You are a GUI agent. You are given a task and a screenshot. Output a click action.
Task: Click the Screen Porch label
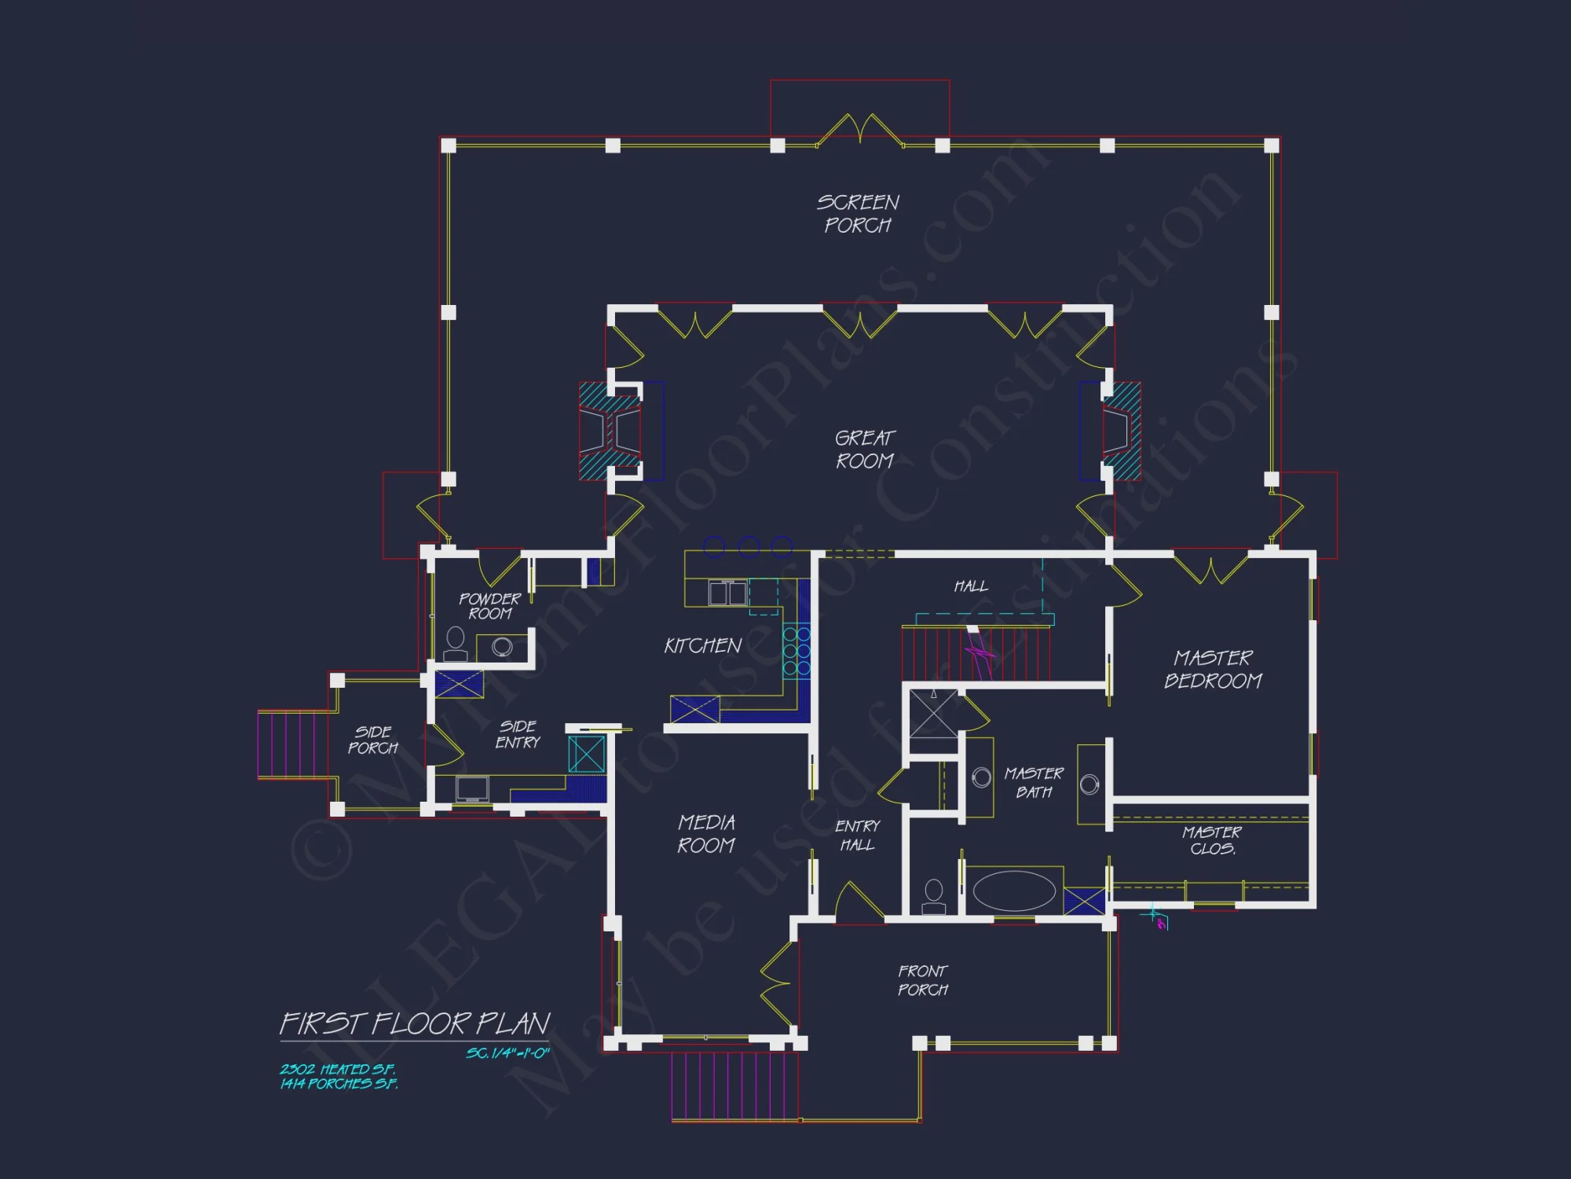click(x=858, y=214)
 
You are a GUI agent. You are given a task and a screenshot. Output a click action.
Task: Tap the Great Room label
click(x=865, y=450)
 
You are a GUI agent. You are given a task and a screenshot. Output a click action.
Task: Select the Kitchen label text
click(x=703, y=646)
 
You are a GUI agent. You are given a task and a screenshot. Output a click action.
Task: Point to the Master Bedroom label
click(x=1213, y=669)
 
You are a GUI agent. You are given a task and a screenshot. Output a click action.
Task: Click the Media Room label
click(x=706, y=834)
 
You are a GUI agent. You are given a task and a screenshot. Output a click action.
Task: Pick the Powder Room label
click(x=489, y=606)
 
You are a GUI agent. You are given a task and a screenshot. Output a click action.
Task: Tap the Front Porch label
click(x=923, y=980)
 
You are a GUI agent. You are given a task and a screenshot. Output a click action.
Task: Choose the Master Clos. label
click(x=1212, y=840)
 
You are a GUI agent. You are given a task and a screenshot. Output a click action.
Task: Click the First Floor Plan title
click(x=415, y=1023)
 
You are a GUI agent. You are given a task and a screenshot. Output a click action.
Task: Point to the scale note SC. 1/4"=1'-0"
click(x=507, y=1053)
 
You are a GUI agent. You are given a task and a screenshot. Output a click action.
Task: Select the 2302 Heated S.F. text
click(x=338, y=1069)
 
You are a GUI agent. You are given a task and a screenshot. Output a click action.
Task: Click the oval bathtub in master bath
click(x=1014, y=891)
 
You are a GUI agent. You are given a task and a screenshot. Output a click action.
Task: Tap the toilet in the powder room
click(x=456, y=645)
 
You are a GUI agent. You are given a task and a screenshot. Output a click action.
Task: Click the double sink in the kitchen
click(x=727, y=593)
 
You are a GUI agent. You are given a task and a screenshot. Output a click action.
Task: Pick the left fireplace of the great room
click(x=610, y=431)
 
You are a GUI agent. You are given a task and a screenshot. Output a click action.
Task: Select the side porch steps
click(x=287, y=744)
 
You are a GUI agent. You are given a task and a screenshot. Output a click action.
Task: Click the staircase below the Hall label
click(x=976, y=653)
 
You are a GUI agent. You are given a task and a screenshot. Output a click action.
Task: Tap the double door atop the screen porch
click(x=860, y=130)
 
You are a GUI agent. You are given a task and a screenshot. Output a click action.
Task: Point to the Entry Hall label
click(x=857, y=836)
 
